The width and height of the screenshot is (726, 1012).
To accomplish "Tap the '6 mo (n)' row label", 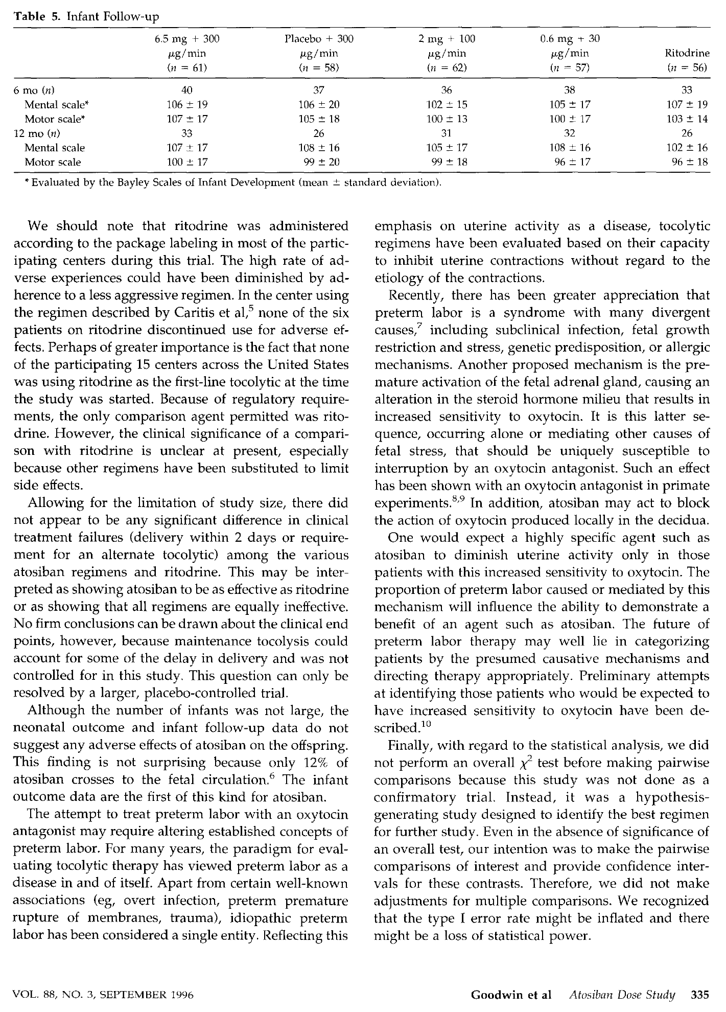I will (34, 90).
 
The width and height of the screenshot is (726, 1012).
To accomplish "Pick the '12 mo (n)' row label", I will (37, 133).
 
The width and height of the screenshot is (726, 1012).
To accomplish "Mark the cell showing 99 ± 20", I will (322, 162).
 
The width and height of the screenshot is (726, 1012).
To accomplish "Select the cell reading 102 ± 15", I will (447, 105).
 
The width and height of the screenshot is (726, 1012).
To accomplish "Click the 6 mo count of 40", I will (187, 90).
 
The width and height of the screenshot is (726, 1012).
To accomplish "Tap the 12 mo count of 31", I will (447, 133).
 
